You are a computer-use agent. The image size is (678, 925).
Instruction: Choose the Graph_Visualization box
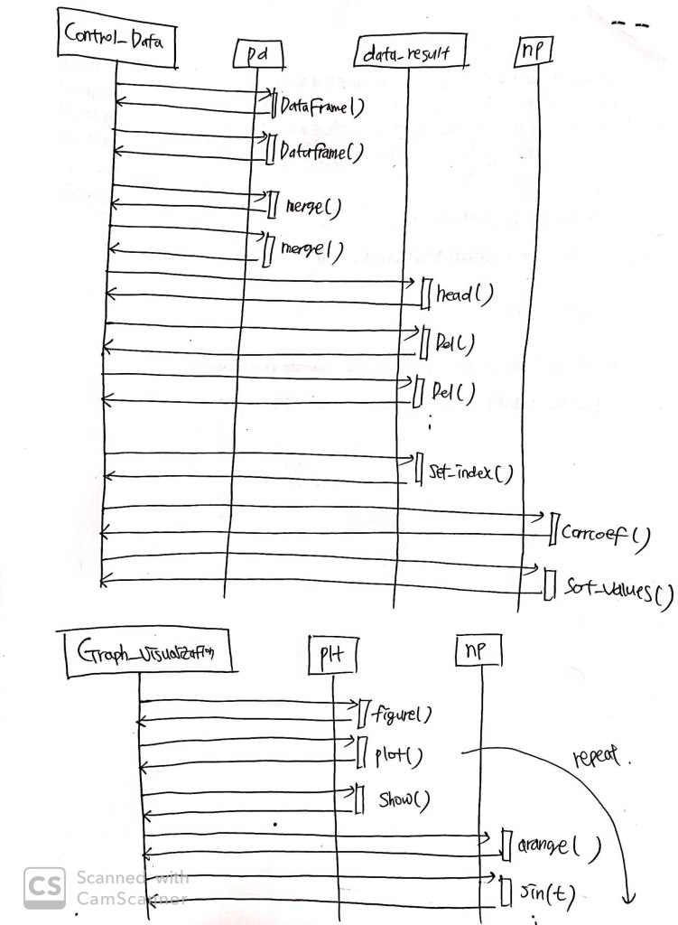[x=144, y=649]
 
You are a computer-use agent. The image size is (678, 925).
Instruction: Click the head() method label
[x=465, y=295]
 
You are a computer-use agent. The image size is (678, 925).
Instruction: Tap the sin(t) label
[x=546, y=895]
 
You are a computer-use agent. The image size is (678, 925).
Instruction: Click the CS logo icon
[x=43, y=885]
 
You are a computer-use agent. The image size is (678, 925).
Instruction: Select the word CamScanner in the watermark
[x=131, y=898]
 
